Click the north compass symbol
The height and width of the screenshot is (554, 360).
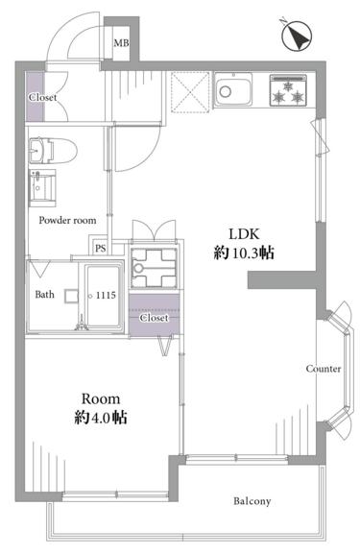point(297,36)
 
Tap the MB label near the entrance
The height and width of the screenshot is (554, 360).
point(121,43)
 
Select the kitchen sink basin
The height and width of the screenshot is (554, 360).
point(233,90)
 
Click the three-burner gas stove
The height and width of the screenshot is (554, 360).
point(288,90)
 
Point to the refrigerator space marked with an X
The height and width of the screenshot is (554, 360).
point(190,92)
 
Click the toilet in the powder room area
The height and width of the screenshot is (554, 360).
point(53,151)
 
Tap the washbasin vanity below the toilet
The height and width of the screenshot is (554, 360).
point(42,187)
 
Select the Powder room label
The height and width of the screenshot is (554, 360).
point(67,221)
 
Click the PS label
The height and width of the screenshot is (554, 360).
point(101,249)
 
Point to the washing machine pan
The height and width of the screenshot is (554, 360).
point(154,267)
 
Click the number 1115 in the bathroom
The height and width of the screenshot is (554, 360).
point(106,295)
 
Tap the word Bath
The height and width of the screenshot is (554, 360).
point(44,295)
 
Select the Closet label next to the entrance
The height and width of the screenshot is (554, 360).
point(43,97)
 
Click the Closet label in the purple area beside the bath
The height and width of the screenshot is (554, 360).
point(154,318)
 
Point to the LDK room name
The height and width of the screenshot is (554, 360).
point(245,234)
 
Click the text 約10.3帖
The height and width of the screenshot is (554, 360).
point(244,253)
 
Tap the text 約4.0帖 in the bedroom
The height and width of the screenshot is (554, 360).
point(101,418)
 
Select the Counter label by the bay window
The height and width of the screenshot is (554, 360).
point(324,369)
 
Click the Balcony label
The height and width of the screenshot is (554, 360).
point(252,501)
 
